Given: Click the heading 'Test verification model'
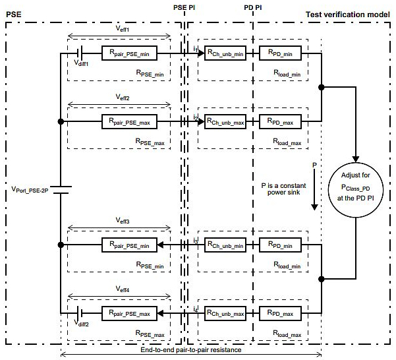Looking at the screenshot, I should pos(350,14).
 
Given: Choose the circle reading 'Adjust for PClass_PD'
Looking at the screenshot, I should pos(356,189).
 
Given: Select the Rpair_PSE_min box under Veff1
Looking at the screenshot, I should pos(128,51).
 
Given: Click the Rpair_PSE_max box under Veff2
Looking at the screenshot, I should pos(128,121).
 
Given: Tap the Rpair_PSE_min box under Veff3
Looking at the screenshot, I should pos(128,245).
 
